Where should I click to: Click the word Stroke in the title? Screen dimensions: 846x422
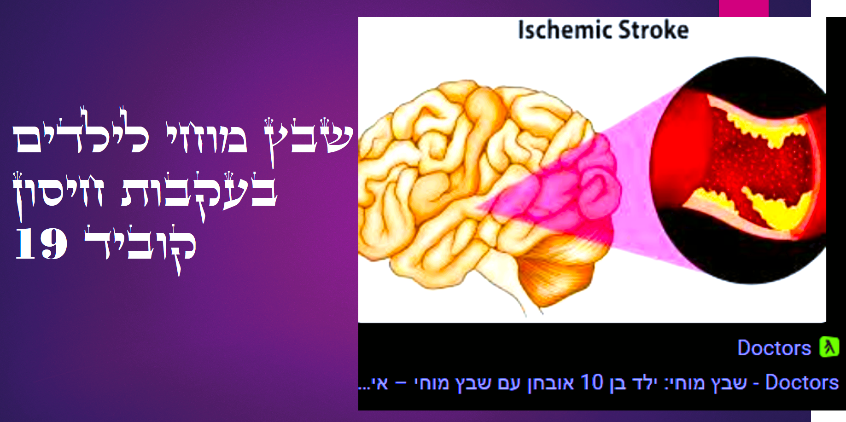(653, 30)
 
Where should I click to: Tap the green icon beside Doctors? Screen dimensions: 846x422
(829, 347)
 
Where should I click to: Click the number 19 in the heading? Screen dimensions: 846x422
(41, 243)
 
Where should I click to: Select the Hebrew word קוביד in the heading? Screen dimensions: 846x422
(140, 246)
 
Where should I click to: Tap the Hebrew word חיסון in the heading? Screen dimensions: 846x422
(58, 193)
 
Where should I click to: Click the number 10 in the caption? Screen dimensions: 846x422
(591, 382)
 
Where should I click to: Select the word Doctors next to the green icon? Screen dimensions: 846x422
(774, 348)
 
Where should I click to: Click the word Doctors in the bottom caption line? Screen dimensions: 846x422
(802, 382)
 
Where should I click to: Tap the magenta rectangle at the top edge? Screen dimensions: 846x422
(743, 8)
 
